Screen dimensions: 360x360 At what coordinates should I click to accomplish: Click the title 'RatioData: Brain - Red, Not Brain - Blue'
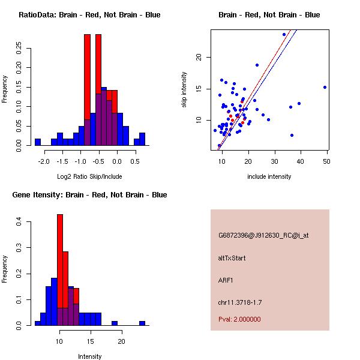pos(89,15)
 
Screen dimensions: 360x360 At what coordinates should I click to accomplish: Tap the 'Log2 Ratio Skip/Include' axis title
pos(89,176)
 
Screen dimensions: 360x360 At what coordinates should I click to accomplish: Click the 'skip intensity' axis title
pos(184,90)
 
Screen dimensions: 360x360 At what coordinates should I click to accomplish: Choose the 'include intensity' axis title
pos(269,176)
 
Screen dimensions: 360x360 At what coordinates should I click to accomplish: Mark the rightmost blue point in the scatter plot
pos(325,87)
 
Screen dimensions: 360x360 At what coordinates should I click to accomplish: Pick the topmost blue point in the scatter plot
pos(284,34)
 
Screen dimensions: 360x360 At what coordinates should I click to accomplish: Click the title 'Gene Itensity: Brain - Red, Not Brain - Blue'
pos(89,195)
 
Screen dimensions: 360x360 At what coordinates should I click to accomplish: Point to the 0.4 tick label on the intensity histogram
pos(20,222)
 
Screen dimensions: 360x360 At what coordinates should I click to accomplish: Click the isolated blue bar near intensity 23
pos(142,323)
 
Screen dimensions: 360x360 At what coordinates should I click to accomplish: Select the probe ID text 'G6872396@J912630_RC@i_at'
pos(263,236)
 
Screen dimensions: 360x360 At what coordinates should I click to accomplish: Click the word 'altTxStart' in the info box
pos(232,258)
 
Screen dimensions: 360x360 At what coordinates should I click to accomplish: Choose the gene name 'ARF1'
pos(226,280)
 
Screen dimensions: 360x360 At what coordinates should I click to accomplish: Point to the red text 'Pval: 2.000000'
pos(239,319)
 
